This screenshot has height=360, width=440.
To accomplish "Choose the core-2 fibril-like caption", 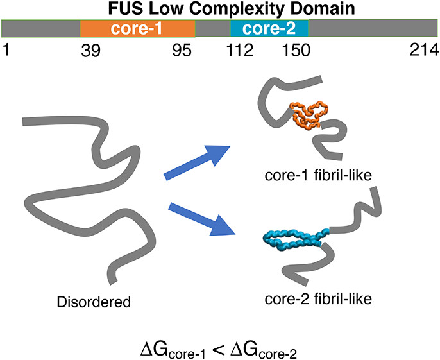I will [x=320, y=298].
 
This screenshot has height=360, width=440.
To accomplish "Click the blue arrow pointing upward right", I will [x=198, y=160].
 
